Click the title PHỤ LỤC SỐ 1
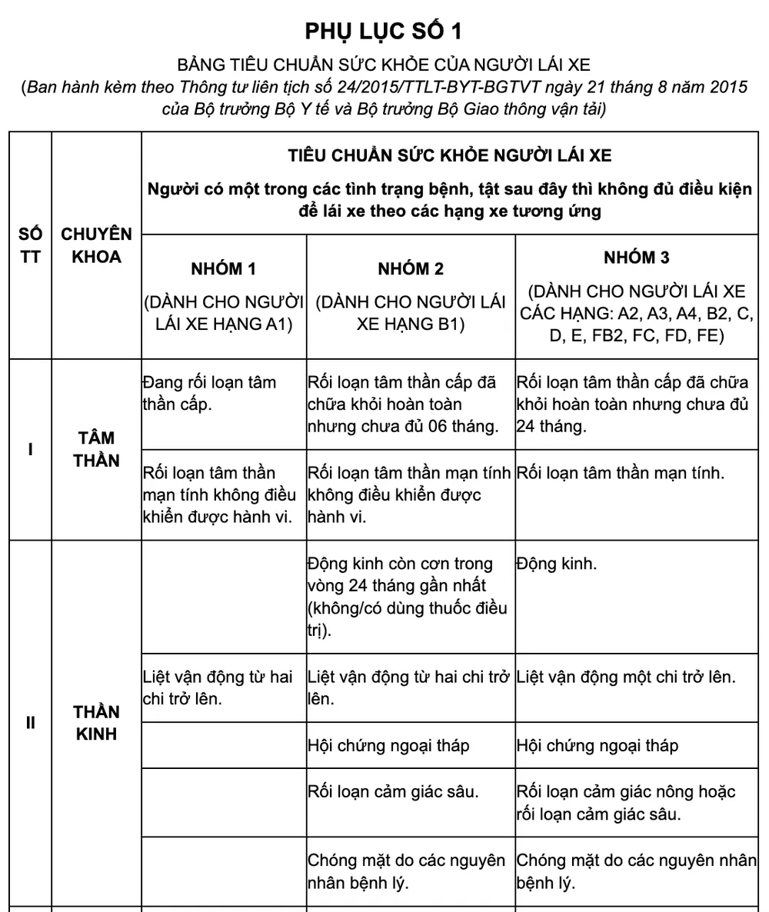[x=384, y=31]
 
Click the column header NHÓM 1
[x=223, y=269]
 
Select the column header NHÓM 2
[x=411, y=269]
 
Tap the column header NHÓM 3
[x=636, y=258]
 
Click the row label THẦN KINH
[x=96, y=723]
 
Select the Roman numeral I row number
[x=30, y=449]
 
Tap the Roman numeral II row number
[x=30, y=723]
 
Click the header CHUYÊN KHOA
[x=96, y=245]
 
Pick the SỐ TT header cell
[x=30, y=245]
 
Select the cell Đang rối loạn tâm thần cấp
[x=209, y=393]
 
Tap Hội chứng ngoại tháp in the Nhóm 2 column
[x=388, y=745]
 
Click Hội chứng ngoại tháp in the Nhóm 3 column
[x=598, y=745]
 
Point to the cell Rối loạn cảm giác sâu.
[x=393, y=791]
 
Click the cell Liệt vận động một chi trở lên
[x=626, y=677]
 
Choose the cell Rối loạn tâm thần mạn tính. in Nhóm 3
[x=620, y=473]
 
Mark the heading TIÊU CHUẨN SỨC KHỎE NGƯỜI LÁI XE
[x=450, y=155]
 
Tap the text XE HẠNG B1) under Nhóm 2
[x=411, y=325]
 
